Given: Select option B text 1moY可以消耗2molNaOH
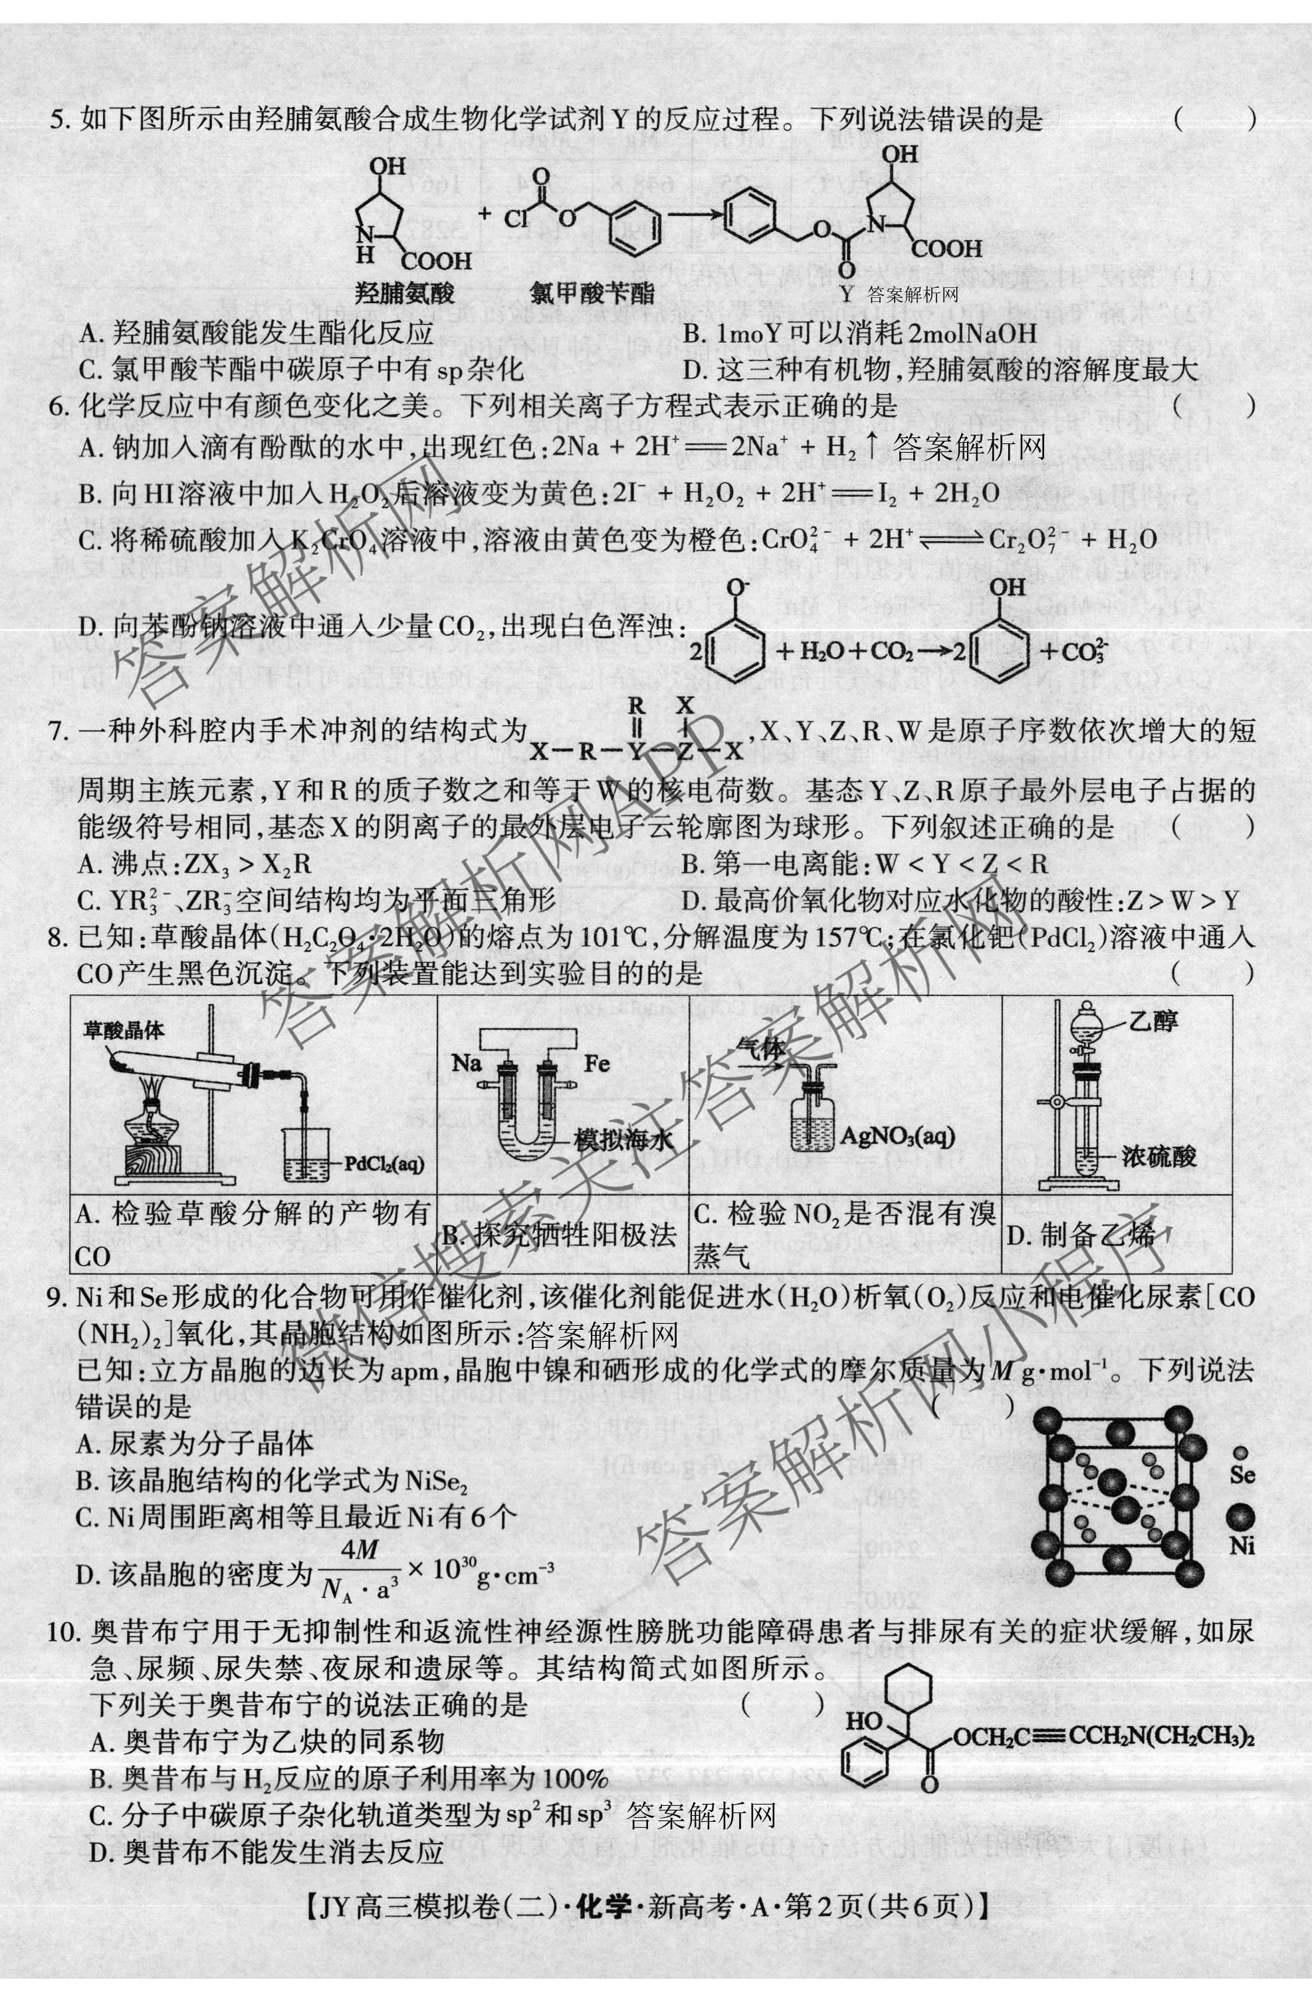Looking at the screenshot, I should (x=859, y=333).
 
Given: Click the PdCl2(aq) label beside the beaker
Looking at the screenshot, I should (x=383, y=1164).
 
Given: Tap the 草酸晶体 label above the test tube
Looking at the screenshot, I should (x=124, y=1031).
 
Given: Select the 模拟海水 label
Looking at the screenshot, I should (x=625, y=1142).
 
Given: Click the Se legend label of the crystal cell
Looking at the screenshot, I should (x=1242, y=1475).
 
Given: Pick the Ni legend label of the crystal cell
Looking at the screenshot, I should (x=1242, y=1545).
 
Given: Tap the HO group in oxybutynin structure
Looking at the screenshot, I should (x=864, y=1721).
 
